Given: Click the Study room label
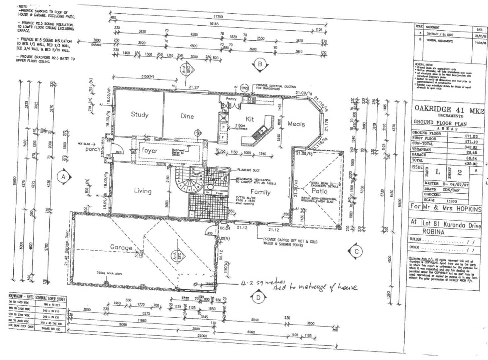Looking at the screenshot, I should (x=139, y=114).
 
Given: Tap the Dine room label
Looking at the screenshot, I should (x=187, y=116).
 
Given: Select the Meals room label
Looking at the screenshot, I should (x=296, y=124).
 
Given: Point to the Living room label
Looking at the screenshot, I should (x=143, y=191).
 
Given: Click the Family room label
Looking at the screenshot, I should (x=260, y=192).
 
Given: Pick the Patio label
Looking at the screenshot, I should (x=319, y=191).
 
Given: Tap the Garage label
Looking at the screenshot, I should (x=121, y=247).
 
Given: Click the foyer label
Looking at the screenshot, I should (x=150, y=150).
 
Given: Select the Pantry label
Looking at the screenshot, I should (x=231, y=99).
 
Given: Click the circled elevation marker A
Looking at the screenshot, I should (x=63, y=177).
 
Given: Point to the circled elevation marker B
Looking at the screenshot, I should (x=260, y=64).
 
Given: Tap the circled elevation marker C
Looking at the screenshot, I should (x=356, y=251).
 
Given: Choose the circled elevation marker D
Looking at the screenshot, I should (x=258, y=298).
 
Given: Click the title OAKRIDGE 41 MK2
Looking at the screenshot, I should (x=449, y=110).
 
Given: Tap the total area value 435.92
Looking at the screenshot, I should (x=471, y=164).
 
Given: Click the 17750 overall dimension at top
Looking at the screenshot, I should (x=218, y=17).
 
